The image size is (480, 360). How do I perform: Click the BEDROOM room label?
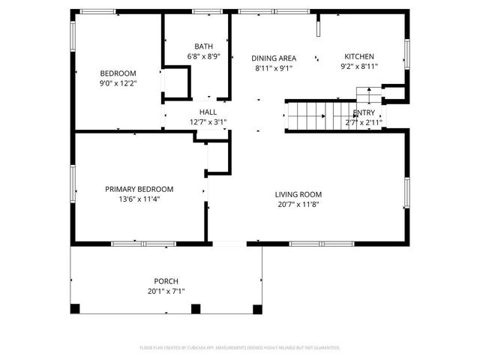118,73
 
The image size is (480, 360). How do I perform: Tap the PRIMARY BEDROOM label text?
139,189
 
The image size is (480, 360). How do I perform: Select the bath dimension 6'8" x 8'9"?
203,56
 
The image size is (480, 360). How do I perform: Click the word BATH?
203,46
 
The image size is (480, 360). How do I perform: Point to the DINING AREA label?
274,58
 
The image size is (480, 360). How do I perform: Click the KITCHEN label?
358,56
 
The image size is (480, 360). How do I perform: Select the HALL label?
208,112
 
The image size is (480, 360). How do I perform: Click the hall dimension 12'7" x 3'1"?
208,121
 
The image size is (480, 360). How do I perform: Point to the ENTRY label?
364,112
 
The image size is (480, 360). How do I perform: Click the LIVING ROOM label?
298,194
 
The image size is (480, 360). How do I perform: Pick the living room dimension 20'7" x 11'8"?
298,204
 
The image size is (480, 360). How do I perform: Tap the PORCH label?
166,281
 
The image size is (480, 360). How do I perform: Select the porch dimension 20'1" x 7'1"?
166,291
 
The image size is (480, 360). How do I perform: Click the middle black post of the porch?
196,308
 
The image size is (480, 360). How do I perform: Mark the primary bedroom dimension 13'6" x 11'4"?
139,199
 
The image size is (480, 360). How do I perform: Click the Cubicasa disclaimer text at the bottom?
240,348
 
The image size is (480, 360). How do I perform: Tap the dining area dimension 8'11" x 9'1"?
274,67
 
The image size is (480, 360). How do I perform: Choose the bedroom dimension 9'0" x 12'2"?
118,82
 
